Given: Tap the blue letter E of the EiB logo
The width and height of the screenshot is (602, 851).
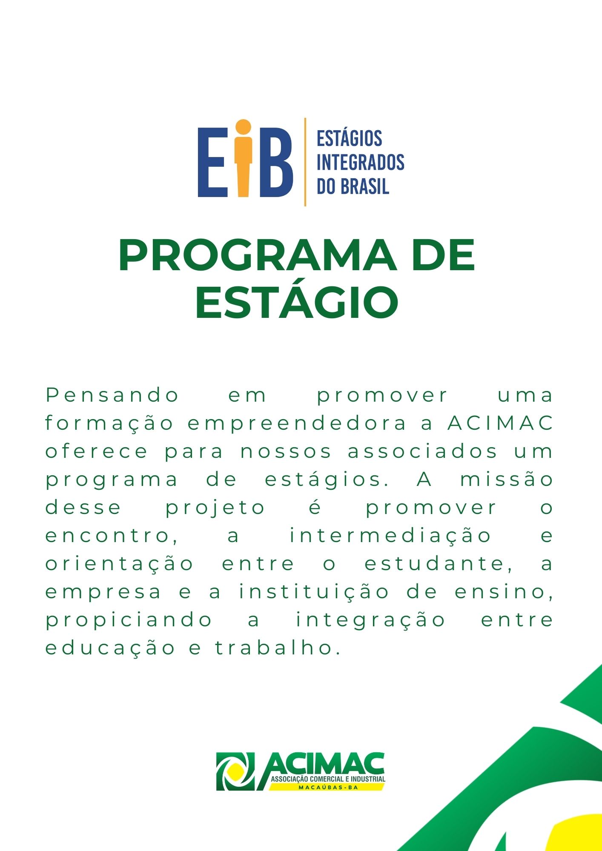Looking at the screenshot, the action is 212,163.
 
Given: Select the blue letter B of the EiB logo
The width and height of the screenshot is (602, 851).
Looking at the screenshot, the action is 275,163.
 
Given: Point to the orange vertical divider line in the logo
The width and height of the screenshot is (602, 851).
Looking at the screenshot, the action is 305,162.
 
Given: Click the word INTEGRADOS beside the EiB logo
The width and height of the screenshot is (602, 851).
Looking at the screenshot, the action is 360,162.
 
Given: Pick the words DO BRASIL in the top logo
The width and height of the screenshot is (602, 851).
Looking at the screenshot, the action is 353,186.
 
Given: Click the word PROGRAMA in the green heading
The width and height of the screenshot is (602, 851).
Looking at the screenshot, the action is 258,255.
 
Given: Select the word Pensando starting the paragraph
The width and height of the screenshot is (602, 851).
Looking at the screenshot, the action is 112,396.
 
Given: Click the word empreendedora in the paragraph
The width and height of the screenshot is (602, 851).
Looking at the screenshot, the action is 297,424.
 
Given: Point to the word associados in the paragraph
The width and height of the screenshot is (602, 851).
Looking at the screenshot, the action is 422,451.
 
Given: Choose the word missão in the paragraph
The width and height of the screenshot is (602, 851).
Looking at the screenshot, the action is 507,479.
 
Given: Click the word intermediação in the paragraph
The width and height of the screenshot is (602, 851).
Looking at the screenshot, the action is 390,536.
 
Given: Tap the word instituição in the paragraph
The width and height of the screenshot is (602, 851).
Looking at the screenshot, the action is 314,592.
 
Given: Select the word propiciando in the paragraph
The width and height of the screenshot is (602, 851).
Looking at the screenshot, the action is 129,620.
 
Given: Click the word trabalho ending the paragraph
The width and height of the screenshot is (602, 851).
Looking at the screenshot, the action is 278,648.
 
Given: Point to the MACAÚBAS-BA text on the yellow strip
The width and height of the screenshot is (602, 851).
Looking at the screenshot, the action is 328,787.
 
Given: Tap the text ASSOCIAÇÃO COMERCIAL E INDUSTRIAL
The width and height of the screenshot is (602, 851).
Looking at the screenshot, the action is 328,779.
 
